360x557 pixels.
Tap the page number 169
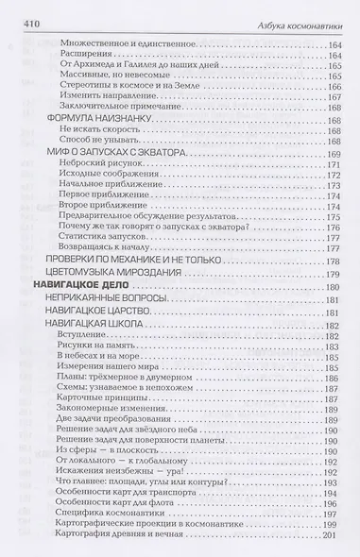click(x=330, y=152)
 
